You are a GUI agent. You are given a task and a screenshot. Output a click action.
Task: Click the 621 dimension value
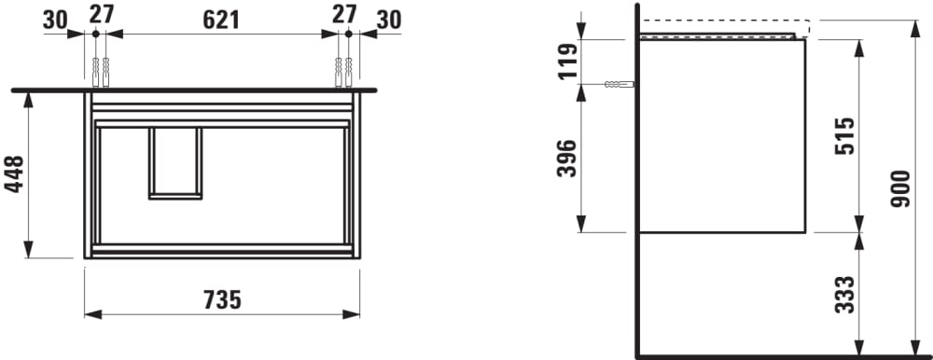pyautogui.click(x=221, y=20)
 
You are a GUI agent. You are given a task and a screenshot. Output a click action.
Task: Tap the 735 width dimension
pyautogui.click(x=222, y=300)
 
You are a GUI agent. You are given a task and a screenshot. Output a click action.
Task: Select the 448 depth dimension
pyautogui.click(x=14, y=173)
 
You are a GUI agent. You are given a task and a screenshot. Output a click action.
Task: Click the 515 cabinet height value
pyautogui.click(x=844, y=136)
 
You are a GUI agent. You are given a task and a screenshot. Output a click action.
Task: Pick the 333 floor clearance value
pyautogui.click(x=844, y=295)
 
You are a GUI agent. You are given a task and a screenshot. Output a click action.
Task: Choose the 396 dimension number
pyautogui.click(x=567, y=159)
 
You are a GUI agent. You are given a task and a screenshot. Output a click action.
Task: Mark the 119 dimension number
pyautogui.click(x=567, y=62)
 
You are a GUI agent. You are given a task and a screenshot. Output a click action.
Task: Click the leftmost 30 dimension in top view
pyautogui.click(x=55, y=21)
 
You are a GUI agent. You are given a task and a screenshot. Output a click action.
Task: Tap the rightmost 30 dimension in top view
pyautogui.click(x=389, y=21)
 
